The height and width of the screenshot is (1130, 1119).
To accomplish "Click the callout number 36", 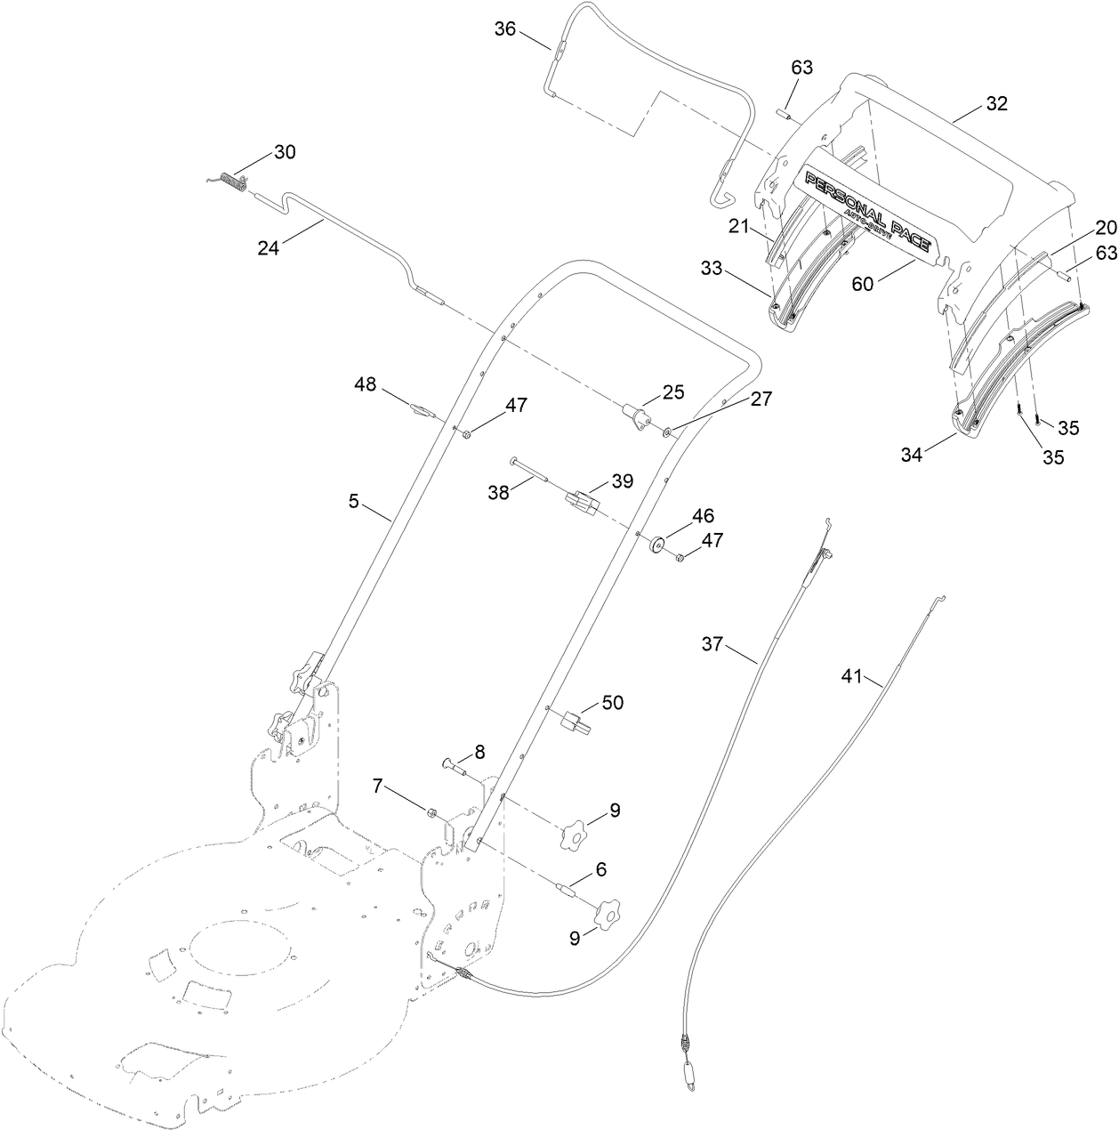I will click(505, 28).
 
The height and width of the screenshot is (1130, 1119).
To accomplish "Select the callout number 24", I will click(268, 248).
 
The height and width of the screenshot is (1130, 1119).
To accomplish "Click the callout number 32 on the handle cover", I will click(995, 103).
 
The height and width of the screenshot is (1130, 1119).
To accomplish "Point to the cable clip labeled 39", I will click(580, 504).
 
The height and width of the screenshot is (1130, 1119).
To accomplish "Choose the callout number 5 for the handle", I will click(353, 502).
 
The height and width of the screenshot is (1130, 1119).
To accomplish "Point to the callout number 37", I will click(713, 642).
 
